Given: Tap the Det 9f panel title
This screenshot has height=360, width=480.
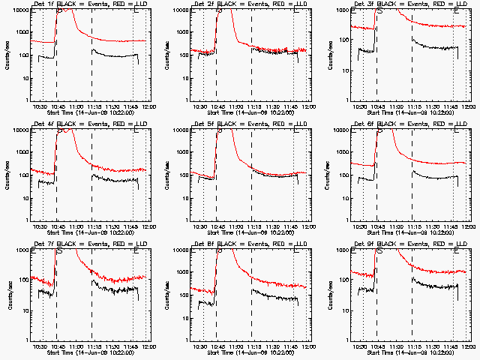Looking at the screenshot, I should click(x=409, y=244).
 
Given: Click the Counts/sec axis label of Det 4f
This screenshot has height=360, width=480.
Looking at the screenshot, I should click(x=7, y=175).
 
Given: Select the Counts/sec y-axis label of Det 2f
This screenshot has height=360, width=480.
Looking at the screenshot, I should click(x=167, y=55).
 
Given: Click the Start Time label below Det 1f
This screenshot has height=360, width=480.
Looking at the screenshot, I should click(x=90, y=112).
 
